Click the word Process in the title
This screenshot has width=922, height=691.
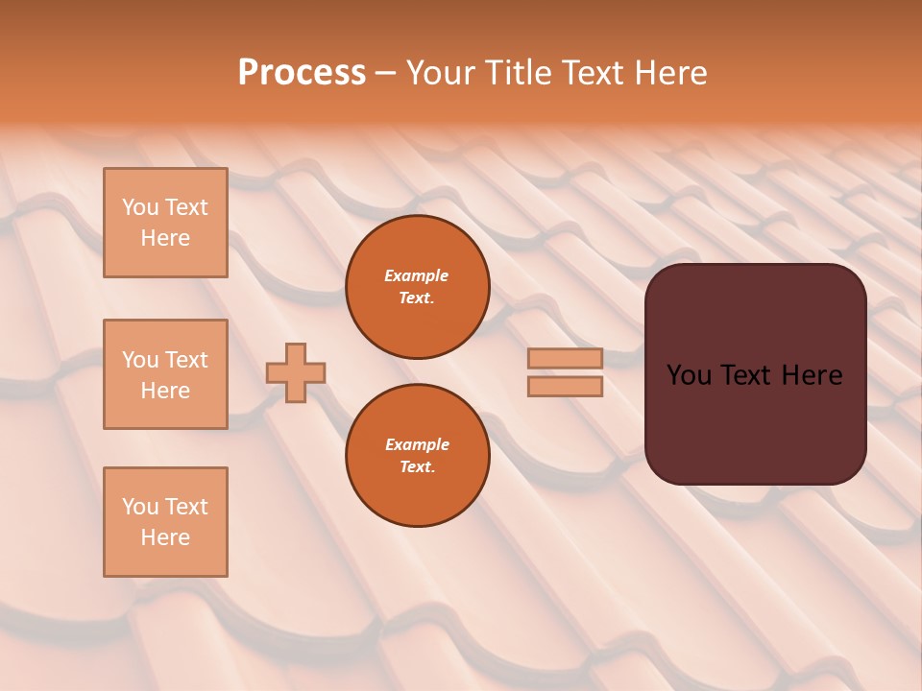(302, 73)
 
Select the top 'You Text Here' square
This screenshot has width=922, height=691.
(165, 223)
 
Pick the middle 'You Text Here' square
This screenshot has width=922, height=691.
(165, 374)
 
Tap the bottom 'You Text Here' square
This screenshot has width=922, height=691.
(165, 522)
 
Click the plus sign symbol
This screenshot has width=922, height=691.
(296, 372)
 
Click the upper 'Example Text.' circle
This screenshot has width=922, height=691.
(418, 286)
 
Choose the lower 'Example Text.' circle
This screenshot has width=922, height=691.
(418, 455)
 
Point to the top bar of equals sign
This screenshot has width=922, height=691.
(565, 358)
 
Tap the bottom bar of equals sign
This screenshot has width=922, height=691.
(565, 387)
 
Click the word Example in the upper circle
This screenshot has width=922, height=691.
(417, 275)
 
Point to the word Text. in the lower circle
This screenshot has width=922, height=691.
(417, 466)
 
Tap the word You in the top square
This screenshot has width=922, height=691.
(139, 207)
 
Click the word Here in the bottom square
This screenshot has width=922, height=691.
(165, 537)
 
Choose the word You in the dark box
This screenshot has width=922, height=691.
(689, 375)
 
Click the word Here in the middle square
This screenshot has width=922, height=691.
(165, 391)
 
